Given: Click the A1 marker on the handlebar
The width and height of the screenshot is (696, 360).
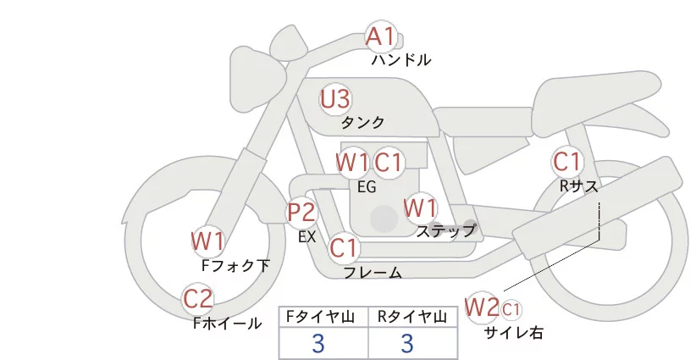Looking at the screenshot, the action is (x=380, y=36).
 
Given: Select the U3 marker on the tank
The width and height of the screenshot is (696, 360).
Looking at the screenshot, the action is (x=334, y=99).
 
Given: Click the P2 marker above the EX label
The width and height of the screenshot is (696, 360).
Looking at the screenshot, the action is (x=301, y=212).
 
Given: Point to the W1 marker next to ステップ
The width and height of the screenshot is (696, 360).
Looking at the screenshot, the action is (x=420, y=207).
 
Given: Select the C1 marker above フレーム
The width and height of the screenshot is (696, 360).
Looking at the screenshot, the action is (x=344, y=248).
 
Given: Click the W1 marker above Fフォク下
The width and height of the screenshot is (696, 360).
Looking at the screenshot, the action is (x=207, y=241).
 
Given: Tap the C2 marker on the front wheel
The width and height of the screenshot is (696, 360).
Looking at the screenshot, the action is (x=199, y=298).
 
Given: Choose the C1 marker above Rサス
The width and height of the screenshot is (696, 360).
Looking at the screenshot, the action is (x=566, y=160).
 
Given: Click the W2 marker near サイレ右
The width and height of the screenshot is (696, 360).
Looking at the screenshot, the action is (x=482, y=306).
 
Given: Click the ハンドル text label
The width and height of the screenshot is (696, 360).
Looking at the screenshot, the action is (x=401, y=60).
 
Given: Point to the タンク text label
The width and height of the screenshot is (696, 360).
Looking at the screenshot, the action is (x=362, y=122).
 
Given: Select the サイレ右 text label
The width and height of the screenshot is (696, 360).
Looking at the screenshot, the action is (x=514, y=333).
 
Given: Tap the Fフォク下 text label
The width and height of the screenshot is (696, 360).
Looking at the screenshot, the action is (x=235, y=265).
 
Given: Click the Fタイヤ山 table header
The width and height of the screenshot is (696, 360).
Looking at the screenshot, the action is (x=323, y=317).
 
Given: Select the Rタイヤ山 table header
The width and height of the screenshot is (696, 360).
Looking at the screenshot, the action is (x=413, y=317).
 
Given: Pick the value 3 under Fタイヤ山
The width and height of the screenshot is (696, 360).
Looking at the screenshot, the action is (x=318, y=343).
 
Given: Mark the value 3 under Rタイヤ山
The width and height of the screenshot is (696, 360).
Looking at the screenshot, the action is (x=407, y=343).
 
